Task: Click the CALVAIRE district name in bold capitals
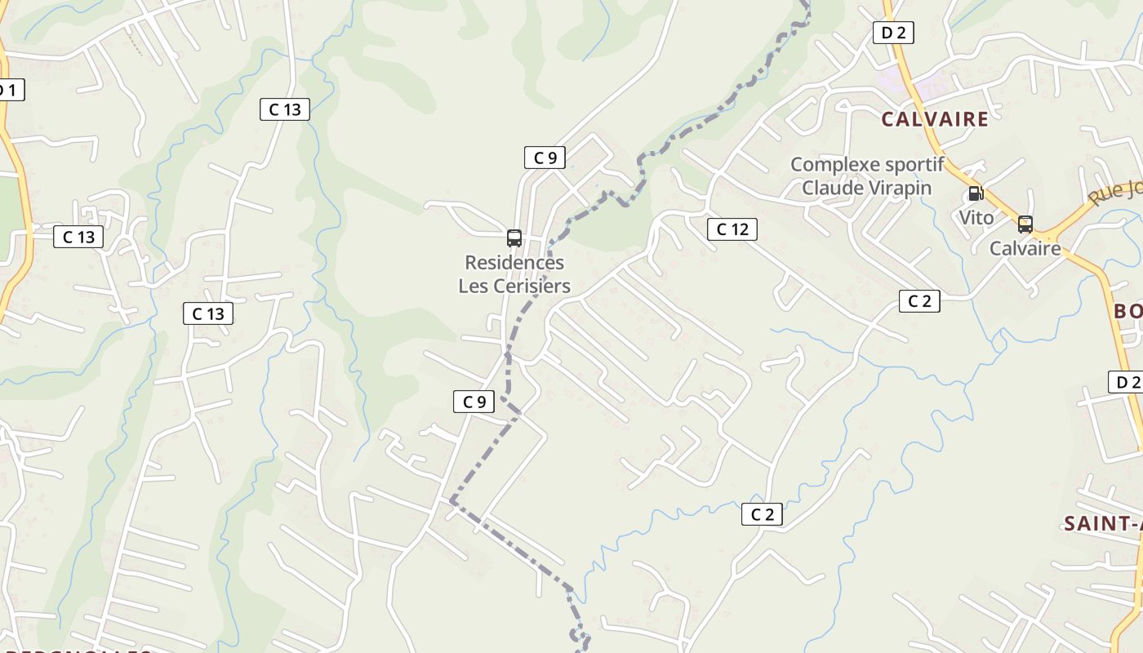click(x=935, y=119)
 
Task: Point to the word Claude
click(x=831, y=188)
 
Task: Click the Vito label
click(x=976, y=218)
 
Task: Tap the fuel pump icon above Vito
click(x=975, y=193)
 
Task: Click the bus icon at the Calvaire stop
click(x=1025, y=224)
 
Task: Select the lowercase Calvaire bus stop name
click(x=1025, y=248)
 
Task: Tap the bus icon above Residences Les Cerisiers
click(x=514, y=238)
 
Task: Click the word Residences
click(x=514, y=263)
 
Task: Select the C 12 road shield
click(x=732, y=229)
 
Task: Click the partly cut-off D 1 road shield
click(x=9, y=90)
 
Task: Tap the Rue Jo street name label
click(x=1117, y=194)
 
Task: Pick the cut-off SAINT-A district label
click(x=1102, y=523)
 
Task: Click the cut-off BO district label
click(x=1127, y=311)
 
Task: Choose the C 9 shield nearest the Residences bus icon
click(x=545, y=158)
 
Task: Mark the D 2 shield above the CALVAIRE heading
click(x=893, y=33)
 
